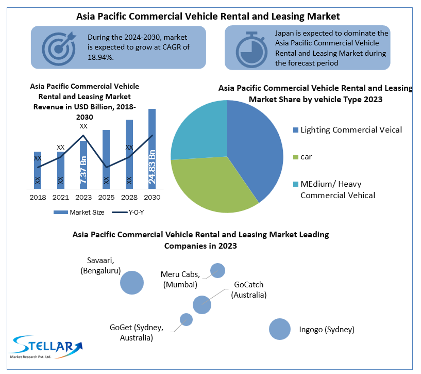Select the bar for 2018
[38, 170]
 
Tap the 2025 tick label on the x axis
[106, 197]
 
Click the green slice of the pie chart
[209, 186]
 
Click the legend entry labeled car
[307, 156]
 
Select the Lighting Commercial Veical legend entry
[350, 130]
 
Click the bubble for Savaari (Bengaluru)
[132, 282]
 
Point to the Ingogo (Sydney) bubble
[280, 329]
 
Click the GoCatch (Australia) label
[249, 289]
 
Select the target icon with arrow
[58, 47]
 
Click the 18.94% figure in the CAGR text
[100, 57]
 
